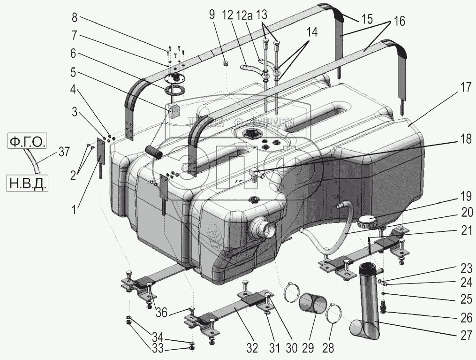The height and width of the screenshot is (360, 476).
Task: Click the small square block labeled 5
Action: pyautogui.click(x=174, y=112)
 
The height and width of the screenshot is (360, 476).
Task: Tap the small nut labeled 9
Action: pyautogui.click(x=225, y=63)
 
